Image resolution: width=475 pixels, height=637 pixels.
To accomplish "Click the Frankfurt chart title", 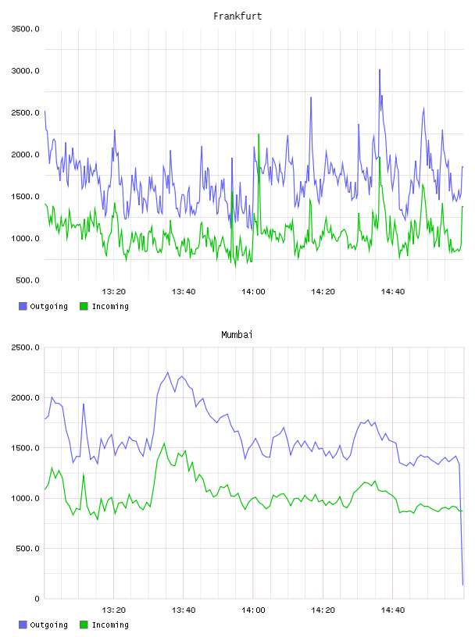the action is [x=237, y=16].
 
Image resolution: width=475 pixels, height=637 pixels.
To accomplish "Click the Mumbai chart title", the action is [x=237, y=335].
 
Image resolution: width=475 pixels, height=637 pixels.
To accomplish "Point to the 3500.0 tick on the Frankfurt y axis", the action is [x=25, y=29].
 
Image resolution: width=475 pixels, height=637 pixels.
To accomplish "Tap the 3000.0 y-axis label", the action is [x=25, y=71].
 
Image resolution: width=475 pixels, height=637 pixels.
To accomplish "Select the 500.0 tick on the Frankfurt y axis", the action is [x=27, y=280].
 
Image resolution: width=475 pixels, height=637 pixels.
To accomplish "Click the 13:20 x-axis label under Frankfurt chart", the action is [x=113, y=291].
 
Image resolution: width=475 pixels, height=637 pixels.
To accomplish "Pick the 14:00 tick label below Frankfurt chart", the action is [x=253, y=291].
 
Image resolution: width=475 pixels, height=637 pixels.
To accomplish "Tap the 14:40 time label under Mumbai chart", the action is [x=392, y=610].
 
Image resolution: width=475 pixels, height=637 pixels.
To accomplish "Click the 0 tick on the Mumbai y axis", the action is [x=37, y=599].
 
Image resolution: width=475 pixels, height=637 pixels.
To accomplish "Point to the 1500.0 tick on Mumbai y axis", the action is [x=25, y=447].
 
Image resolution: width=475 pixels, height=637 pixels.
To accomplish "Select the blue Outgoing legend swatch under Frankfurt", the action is [x=23, y=306].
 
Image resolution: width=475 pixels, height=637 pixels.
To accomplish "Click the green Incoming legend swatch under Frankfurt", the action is [x=84, y=306].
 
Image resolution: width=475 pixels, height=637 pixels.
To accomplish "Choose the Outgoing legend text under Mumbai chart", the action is [x=48, y=625].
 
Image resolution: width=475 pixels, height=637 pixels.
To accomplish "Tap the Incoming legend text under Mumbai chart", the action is [x=110, y=625].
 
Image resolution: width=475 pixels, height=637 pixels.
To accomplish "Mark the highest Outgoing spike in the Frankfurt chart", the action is [x=380, y=70].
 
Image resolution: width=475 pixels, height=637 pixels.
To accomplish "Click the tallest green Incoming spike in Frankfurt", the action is [x=259, y=134].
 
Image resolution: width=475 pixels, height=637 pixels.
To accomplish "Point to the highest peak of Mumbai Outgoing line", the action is [x=167, y=372].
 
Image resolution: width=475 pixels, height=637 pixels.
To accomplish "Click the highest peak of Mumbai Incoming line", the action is [x=164, y=443].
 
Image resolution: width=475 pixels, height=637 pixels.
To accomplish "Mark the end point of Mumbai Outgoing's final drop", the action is [x=462, y=585].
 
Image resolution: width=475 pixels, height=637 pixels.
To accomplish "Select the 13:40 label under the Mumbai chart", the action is [x=184, y=610].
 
